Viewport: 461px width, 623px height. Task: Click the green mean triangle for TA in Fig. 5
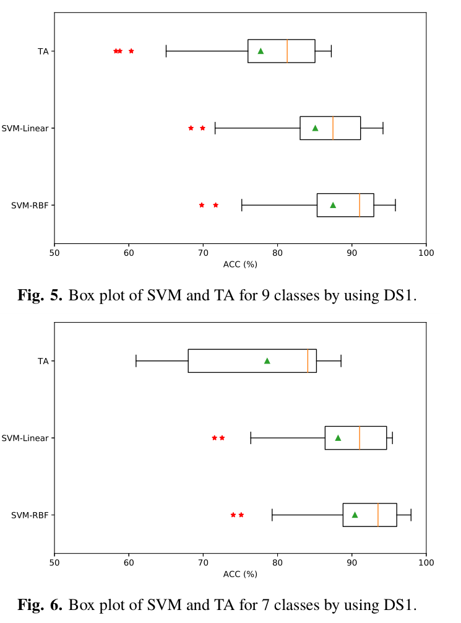tap(261, 51)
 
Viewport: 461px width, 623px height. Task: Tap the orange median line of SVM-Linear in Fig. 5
tap(333, 128)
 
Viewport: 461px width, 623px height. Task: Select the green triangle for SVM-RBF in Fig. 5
tap(333, 205)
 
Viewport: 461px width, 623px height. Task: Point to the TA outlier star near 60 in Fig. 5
tap(131, 51)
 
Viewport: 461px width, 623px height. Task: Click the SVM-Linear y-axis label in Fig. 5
tap(25, 128)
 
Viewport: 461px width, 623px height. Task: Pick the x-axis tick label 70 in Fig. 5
tap(203, 253)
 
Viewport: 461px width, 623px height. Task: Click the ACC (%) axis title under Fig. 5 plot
tap(240, 264)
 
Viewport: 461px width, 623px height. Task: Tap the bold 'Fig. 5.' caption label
tap(40, 295)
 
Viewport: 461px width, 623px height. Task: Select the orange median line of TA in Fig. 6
tap(308, 360)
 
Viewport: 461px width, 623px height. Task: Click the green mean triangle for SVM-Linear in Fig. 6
tap(338, 438)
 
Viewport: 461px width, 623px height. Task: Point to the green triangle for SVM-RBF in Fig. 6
tap(355, 515)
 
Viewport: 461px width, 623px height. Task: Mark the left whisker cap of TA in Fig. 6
tap(136, 360)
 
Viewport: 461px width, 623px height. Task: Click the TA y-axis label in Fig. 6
tap(43, 360)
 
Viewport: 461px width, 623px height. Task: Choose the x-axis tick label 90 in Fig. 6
tap(352, 562)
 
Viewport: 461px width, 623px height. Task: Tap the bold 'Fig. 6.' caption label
tap(40, 604)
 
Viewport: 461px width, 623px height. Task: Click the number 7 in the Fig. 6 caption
tap(267, 604)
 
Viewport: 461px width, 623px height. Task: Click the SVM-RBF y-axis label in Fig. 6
tap(30, 515)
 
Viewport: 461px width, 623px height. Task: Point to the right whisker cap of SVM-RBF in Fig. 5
tap(395, 205)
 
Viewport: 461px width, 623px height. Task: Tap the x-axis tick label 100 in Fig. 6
tap(426, 562)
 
